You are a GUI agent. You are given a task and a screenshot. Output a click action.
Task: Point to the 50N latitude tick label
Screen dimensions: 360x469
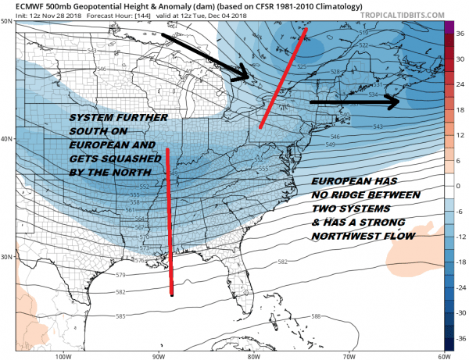click(6, 21)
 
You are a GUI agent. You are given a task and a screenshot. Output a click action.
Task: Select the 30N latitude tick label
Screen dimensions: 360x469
click(6, 257)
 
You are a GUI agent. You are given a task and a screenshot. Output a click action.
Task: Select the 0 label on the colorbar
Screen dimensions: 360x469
click(460, 186)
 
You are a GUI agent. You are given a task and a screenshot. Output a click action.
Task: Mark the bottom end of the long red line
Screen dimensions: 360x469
click(172, 294)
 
